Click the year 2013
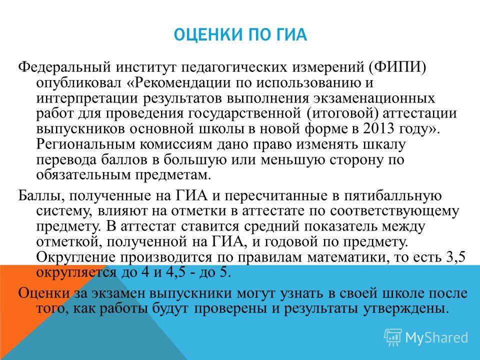click(378, 128)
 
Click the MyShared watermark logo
click(426, 337)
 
